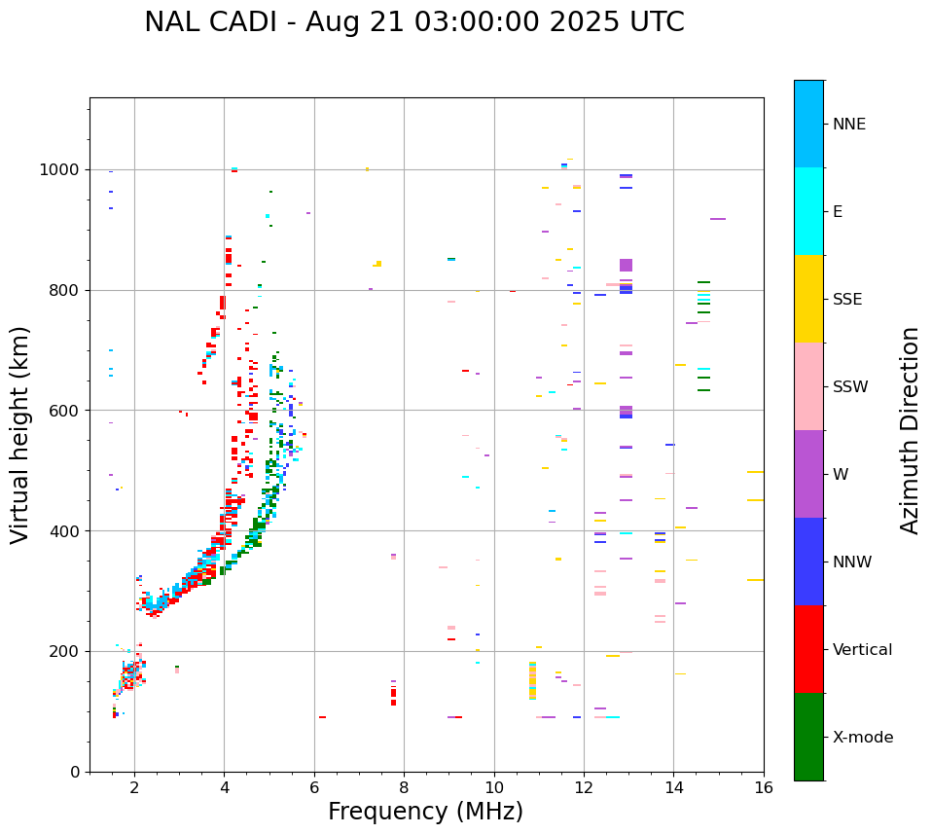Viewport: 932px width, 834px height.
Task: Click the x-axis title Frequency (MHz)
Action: coord(425,812)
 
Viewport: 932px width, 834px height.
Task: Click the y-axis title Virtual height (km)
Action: coord(20,434)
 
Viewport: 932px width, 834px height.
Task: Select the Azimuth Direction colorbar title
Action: coord(910,430)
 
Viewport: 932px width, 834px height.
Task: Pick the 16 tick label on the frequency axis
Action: coord(764,787)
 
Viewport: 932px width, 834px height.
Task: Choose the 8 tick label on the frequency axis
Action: coord(404,787)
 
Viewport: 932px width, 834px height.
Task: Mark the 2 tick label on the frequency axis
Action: coord(134,787)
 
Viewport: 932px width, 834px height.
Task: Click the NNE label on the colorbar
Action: coord(848,125)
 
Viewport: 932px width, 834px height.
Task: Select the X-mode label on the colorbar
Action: coord(862,738)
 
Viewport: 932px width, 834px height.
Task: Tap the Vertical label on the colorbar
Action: coord(862,650)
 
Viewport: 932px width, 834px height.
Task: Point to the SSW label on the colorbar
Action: coord(850,387)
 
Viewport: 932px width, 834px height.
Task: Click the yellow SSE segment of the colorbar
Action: coord(808,299)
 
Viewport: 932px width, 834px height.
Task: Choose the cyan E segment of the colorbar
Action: coord(808,211)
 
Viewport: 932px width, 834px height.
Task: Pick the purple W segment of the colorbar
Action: coord(808,474)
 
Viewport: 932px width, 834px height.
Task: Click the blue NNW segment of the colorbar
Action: coord(808,562)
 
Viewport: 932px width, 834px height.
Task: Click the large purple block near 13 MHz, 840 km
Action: coord(626,265)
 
